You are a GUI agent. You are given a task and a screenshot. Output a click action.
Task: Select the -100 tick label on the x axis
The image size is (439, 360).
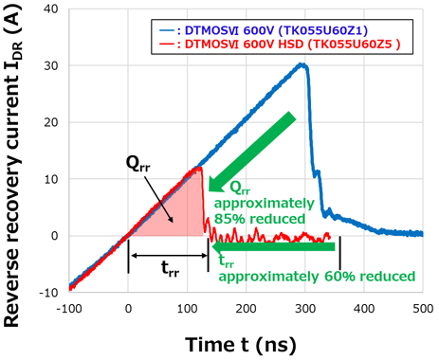click(69, 307)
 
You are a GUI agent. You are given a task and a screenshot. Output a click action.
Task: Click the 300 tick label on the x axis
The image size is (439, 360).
click(304, 307)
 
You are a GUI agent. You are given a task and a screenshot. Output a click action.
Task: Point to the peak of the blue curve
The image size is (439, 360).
click(302, 64)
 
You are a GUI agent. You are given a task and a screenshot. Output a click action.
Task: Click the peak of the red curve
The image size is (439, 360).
click(198, 168)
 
